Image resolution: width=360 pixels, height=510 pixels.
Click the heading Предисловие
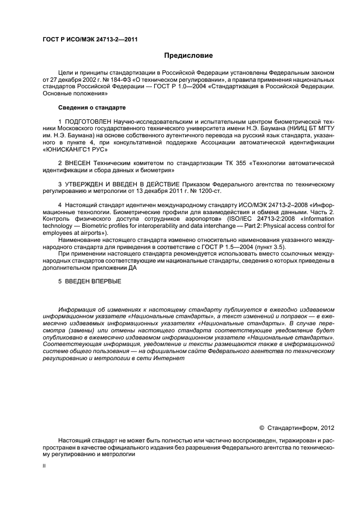(189, 56)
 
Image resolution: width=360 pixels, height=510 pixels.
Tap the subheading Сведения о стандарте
(91, 107)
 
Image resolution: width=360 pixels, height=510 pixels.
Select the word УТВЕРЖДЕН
(88, 183)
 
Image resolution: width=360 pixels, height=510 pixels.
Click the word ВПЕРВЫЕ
(103, 281)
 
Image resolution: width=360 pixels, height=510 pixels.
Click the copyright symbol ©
(261, 428)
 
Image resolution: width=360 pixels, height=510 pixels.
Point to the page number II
(45, 466)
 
